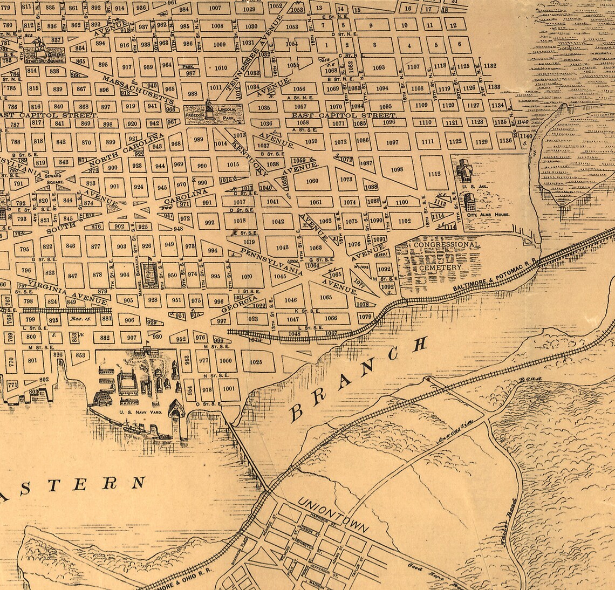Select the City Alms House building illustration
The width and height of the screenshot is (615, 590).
pyautogui.click(x=469, y=203)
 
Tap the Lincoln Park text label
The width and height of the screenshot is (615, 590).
pyautogui.click(x=229, y=111)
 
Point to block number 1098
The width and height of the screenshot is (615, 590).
pyautogui.click(x=397, y=169)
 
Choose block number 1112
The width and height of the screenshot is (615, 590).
pyautogui.click(x=434, y=174)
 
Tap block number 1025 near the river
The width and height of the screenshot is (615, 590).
pyautogui.click(x=256, y=362)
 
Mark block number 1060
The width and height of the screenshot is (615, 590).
pyautogui.click(x=312, y=181)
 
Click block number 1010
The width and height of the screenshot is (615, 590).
pyautogui.click(x=221, y=68)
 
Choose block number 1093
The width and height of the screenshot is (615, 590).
pyautogui.click(x=379, y=67)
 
